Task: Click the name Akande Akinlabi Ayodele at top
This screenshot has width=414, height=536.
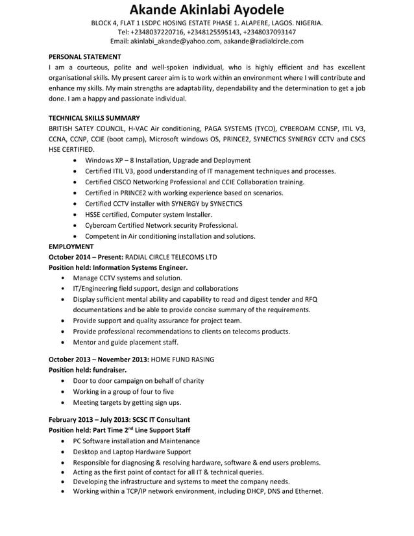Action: (206, 10)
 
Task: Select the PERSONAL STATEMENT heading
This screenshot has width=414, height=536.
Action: (85, 56)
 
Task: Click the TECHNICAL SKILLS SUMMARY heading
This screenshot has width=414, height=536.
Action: (94, 118)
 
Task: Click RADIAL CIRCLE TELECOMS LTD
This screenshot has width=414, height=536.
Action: (171, 257)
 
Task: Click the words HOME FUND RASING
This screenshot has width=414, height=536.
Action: (183, 359)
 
